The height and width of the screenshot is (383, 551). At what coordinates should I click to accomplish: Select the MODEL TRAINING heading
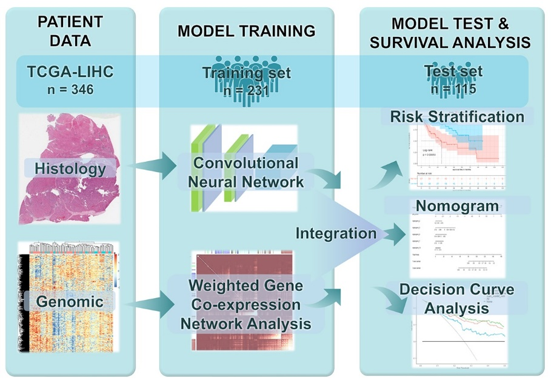coord(246,31)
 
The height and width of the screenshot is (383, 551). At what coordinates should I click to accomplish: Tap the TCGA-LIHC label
coord(70,73)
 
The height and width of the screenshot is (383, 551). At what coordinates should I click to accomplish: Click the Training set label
coord(246,73)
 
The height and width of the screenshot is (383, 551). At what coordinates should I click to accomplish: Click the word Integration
coord(336,233)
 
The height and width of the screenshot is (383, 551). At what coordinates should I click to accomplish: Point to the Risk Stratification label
coord(456,116)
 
